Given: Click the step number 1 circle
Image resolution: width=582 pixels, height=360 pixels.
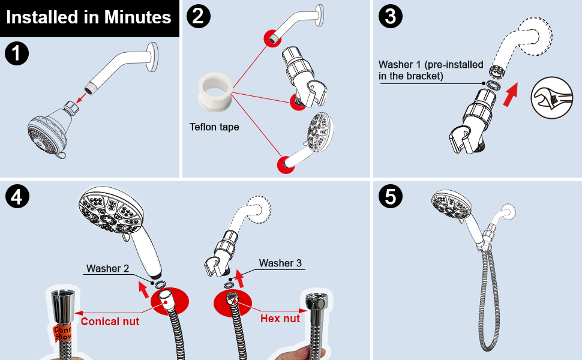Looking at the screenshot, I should pyautogui.click(x=16, y=54).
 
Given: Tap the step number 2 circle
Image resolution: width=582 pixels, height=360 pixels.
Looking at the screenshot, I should pyautogui.click(x=199, y=16).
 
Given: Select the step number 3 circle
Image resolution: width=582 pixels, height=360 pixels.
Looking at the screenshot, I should pyautogui.click(x=390, y=16).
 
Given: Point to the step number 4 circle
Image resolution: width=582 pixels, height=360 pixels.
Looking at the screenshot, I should pyautogui.click(x=16, y=197).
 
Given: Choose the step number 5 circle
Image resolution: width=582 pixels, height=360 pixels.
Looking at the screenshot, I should pyautogui.click(x=390, y=197).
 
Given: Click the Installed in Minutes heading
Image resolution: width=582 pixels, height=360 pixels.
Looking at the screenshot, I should pyautogui.click(x=89, y=17).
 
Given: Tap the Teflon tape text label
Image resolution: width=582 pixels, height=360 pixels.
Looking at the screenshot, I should pyautogui.click(x=214, y=127).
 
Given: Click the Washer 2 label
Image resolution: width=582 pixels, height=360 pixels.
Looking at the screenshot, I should pyautogui.click(x=108, y=268).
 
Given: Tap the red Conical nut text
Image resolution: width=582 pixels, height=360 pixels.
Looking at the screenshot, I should pyautogui.click(x=110, y=322).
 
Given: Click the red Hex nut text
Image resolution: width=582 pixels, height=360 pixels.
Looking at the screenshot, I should pyautogui.click(x=280, y=319).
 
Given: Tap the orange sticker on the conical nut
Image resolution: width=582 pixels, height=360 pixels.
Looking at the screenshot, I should pyautogui.click(x=62, y=332).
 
